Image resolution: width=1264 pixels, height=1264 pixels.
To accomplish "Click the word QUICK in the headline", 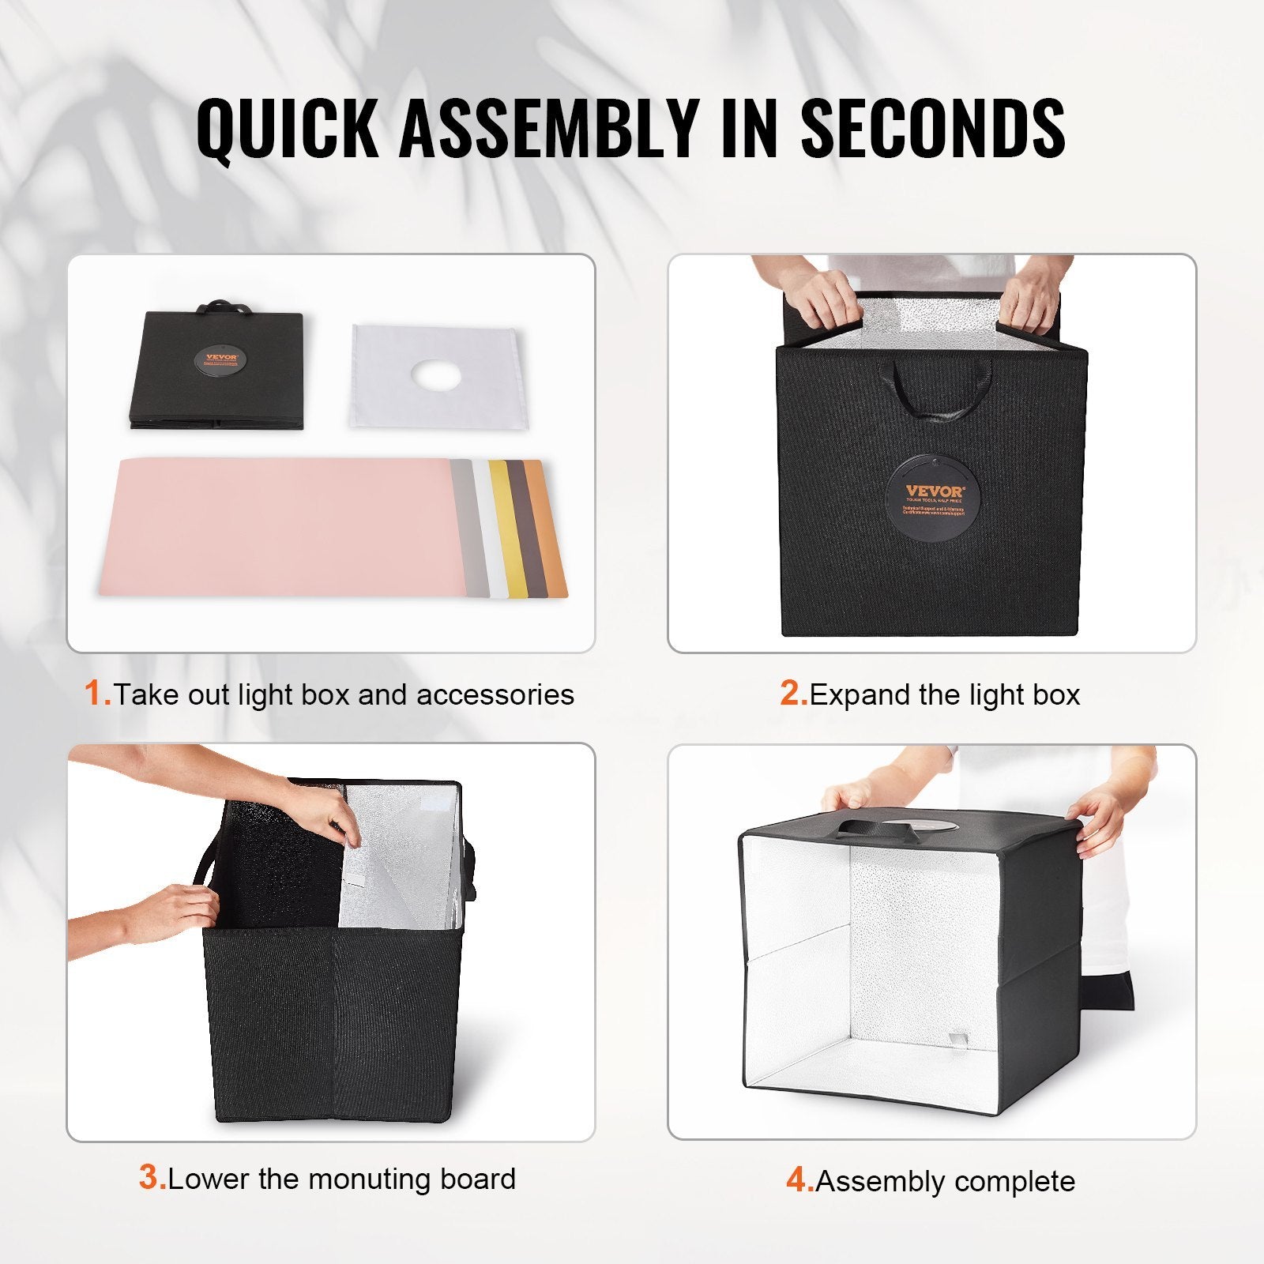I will point(287,128).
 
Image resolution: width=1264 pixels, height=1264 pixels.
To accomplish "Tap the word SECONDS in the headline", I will point(933,128).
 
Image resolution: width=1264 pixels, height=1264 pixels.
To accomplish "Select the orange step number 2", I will point(793,694).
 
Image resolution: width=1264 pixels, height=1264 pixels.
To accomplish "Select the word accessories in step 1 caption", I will point(495,694).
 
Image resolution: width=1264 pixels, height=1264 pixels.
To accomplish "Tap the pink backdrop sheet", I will point(276,525).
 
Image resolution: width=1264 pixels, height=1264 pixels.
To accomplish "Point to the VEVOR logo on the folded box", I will point(220,358).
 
